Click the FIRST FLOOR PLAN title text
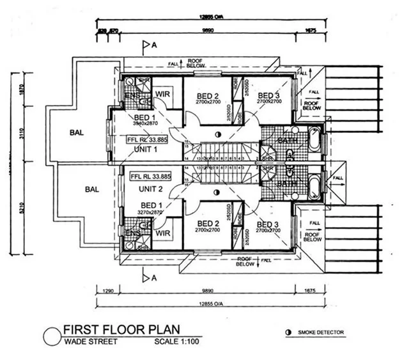click(120, 330)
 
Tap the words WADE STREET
click(89, 342)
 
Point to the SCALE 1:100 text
click(178, 342)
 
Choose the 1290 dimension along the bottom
click(109, 291)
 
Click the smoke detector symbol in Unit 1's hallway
click(219, 134)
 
